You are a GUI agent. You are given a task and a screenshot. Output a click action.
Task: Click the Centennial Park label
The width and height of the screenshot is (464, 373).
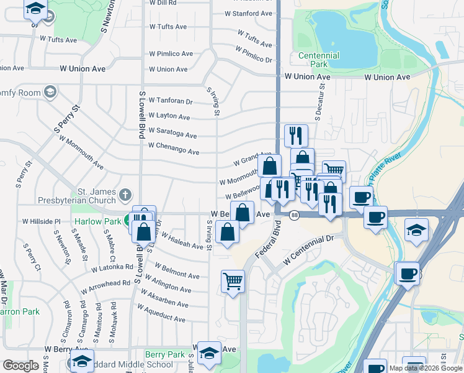319,60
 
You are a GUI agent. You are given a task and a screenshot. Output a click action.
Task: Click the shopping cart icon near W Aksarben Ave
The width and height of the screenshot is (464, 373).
233,282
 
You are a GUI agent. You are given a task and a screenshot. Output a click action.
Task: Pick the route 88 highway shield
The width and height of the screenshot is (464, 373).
295,215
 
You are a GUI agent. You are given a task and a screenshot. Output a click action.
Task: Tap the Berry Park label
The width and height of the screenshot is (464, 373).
164,354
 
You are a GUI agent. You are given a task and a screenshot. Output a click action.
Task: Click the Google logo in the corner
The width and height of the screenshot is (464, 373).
20,365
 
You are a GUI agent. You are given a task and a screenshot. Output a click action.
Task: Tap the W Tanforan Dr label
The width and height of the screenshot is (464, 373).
170,101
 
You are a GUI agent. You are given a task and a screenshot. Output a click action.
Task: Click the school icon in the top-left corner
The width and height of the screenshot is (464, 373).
35,9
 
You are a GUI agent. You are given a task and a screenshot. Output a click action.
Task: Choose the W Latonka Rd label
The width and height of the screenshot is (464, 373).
112,268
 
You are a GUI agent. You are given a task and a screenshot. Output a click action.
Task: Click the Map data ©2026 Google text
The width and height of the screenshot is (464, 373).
426,368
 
